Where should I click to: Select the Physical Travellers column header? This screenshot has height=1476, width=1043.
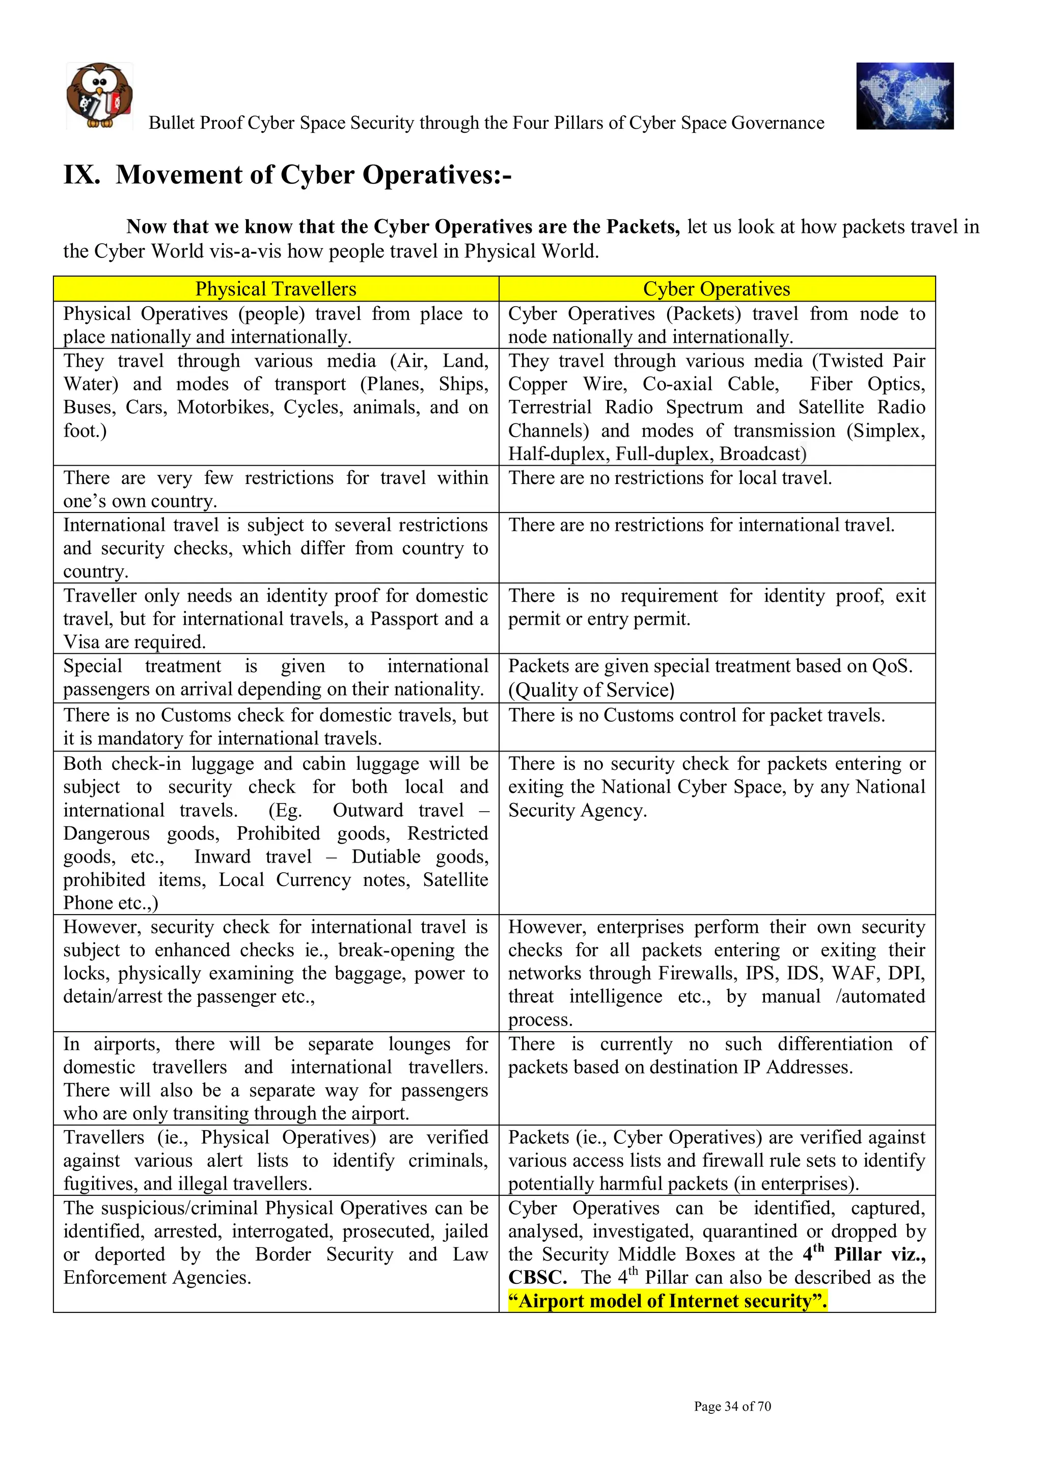click(x=276, y=289)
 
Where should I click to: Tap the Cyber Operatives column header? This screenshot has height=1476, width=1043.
click(x=716, y=289)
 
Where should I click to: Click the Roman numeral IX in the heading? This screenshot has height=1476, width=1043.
click(x=81, y=175)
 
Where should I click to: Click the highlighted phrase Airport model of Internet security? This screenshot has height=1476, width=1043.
click(x=667, y=1301)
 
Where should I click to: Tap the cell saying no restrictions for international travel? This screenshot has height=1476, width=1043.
click(x=701, y=525)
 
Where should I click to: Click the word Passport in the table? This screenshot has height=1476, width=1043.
click(x=404, y=619)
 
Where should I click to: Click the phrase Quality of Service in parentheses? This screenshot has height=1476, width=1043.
click(x=591, y=690)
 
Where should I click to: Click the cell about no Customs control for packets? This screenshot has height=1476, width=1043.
click(x=697, y=715)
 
